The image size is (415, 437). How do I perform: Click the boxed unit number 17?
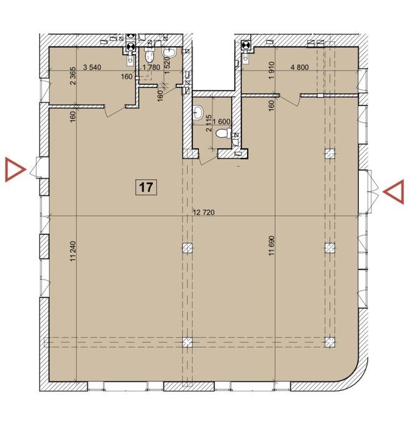point(146,187)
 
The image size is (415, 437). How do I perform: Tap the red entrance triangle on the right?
point(394,192)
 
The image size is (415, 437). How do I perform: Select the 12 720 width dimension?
point(203,212)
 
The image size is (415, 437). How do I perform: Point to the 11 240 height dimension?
point(73,251)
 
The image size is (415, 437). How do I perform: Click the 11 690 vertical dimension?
point(272,246)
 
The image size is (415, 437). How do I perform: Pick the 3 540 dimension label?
point(92,67)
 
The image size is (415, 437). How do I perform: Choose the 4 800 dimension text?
point(300,67)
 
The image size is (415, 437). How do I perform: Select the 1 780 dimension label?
point(151,67)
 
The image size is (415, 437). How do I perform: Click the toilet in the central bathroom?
point(223,133)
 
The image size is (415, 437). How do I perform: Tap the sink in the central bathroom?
point(198,112)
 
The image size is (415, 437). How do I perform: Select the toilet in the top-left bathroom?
point(150,55)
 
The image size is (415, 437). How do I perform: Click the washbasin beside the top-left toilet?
point(169,53)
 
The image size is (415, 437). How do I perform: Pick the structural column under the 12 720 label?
point(187,247)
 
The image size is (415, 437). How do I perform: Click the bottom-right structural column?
point(330,342)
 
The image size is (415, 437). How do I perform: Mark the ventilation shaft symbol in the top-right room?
point(245,44)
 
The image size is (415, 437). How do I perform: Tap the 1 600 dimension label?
point(222,122)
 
